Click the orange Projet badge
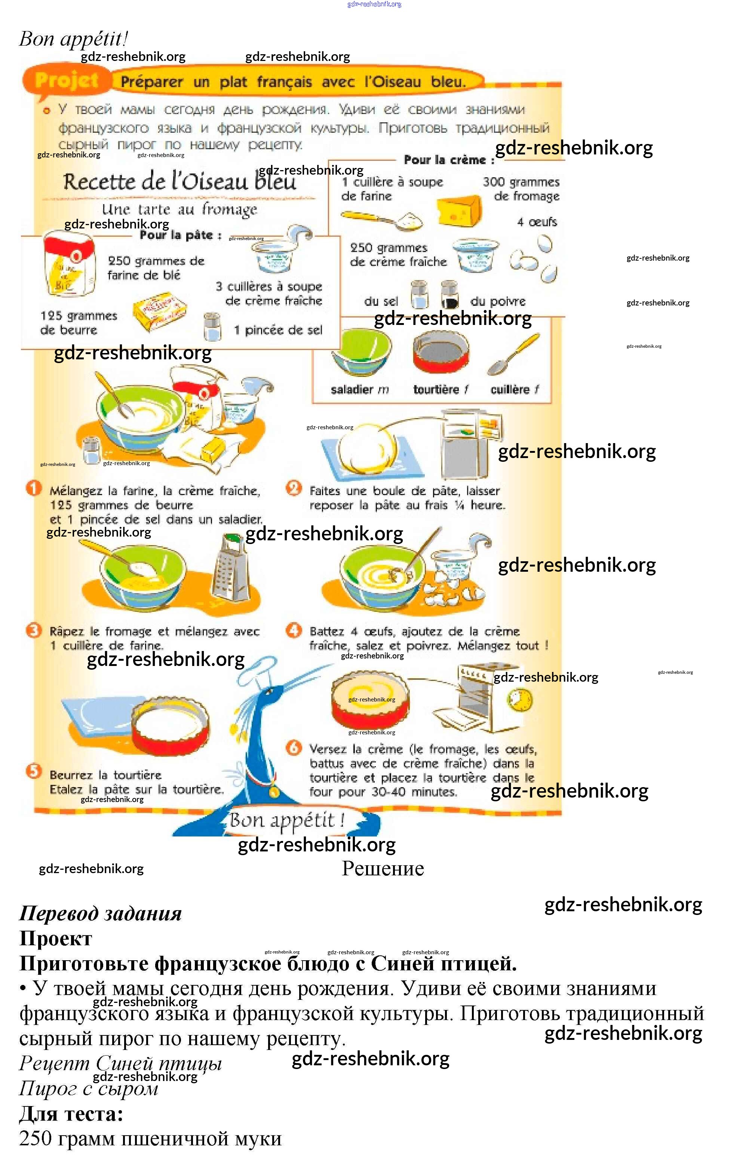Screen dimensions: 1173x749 tap(67, 80)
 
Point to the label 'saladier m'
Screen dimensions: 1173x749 tap(359, 389)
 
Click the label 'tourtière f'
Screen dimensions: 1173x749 tap(440, 389)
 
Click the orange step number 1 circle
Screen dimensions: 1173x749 tap(34, 488)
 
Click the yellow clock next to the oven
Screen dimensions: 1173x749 tap(520, 701)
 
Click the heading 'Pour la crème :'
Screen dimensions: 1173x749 tap(448, 160)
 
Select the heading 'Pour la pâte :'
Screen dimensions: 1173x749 tap(180, 235)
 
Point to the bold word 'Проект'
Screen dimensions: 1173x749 tap(55, 938)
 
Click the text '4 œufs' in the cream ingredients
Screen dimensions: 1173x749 tap(537, 222)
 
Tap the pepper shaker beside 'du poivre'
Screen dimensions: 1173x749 tap(449, 295)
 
